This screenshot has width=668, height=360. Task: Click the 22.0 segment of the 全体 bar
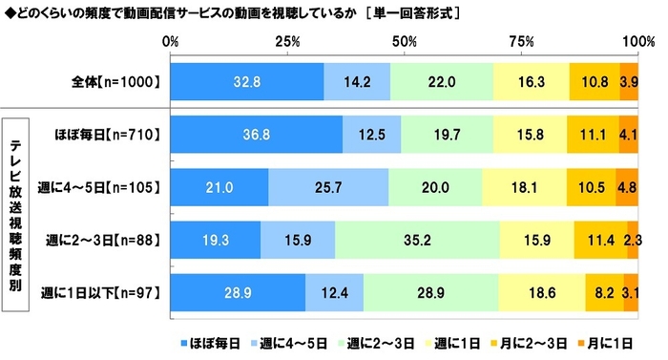[x=441, y=82]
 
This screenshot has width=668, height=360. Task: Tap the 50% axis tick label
[x=405, y=43]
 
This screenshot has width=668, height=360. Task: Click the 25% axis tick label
[x=288, y=43]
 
